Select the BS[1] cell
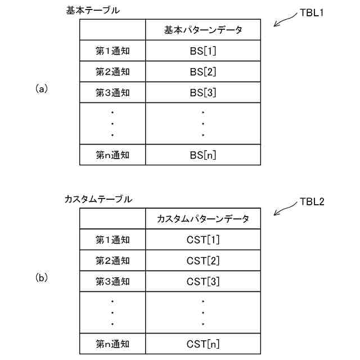[x=203, y=51]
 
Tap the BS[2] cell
[x=203, y=71]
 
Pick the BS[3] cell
[x=203, y=92]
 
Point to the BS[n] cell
[x=203, y=155]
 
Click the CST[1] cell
[x=203, y=240]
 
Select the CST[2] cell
[x=203, y=260]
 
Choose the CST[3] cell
[x=203, y=281]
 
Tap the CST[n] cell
[x=203, y=343]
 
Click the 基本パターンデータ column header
[x=203, y=30]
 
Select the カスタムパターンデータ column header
[x=203, y=219]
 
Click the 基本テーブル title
[x=93, y=10]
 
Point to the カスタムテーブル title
[x=98, y=199]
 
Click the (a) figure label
[x=42, y=88]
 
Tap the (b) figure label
[x=42, y=277]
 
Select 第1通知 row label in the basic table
[x=112, y=51]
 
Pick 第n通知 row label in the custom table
[x=112, y=343]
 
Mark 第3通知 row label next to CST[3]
[x=112, y=281]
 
